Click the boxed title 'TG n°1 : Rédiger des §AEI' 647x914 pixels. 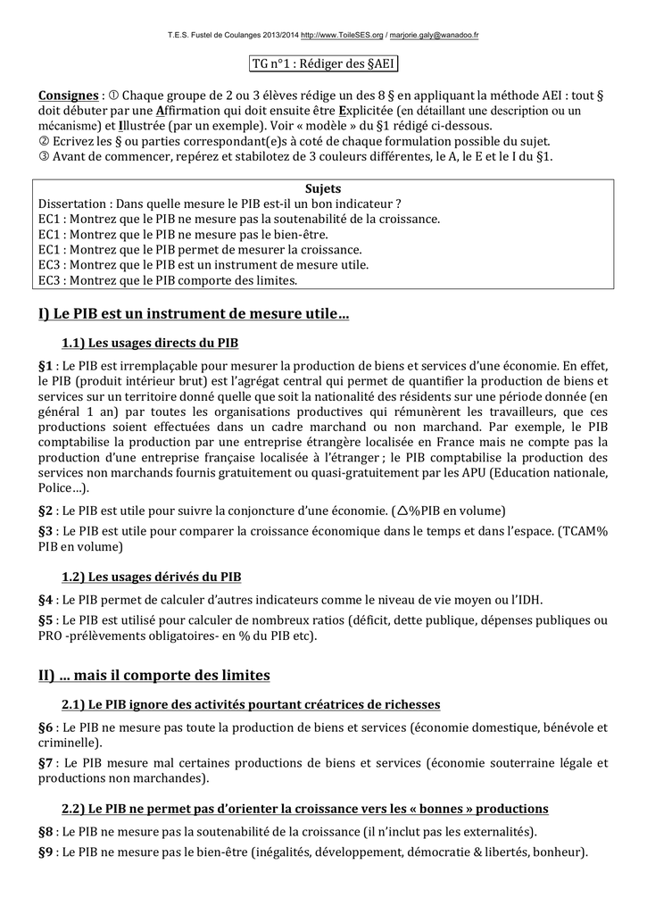tap(322, 65)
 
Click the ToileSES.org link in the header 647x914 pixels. tap(343, 35)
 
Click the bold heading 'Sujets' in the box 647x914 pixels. tap(323, 189)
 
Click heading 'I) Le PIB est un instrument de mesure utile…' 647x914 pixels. tap(194, 313)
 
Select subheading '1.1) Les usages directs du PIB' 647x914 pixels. tap(149, 343)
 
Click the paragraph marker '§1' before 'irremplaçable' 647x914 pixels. tap(46, 366)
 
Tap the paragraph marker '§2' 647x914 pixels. tap(46, 511)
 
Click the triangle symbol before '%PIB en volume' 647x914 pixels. tap(402, 511)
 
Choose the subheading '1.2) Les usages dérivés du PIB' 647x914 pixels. tap(151, 577)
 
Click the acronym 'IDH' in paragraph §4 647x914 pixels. tap(526, 600)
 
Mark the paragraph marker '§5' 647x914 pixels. tap(46, 620)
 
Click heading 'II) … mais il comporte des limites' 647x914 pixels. tap(153, 675)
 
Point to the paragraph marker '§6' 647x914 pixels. tap(46, 727)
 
